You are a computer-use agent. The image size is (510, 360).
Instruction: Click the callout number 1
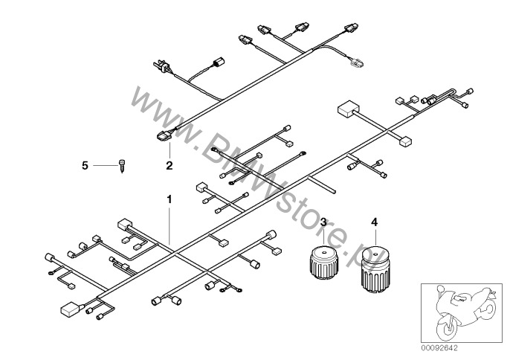170,199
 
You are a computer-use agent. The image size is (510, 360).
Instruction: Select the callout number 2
170,165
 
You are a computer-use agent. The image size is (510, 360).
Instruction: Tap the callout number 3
323,222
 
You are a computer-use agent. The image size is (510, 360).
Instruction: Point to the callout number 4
375,222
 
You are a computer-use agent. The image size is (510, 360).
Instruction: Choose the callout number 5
85,166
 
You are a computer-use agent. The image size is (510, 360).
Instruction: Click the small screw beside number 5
122,166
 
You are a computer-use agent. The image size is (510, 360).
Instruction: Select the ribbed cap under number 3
323,263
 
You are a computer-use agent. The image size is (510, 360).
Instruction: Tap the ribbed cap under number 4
375,269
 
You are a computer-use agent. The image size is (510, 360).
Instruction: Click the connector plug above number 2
164,135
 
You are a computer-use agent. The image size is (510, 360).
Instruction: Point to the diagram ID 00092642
439,348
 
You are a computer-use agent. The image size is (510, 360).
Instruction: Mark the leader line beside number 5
106,166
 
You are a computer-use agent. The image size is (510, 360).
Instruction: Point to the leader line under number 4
375,237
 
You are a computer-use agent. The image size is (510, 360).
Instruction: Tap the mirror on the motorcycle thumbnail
441,289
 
